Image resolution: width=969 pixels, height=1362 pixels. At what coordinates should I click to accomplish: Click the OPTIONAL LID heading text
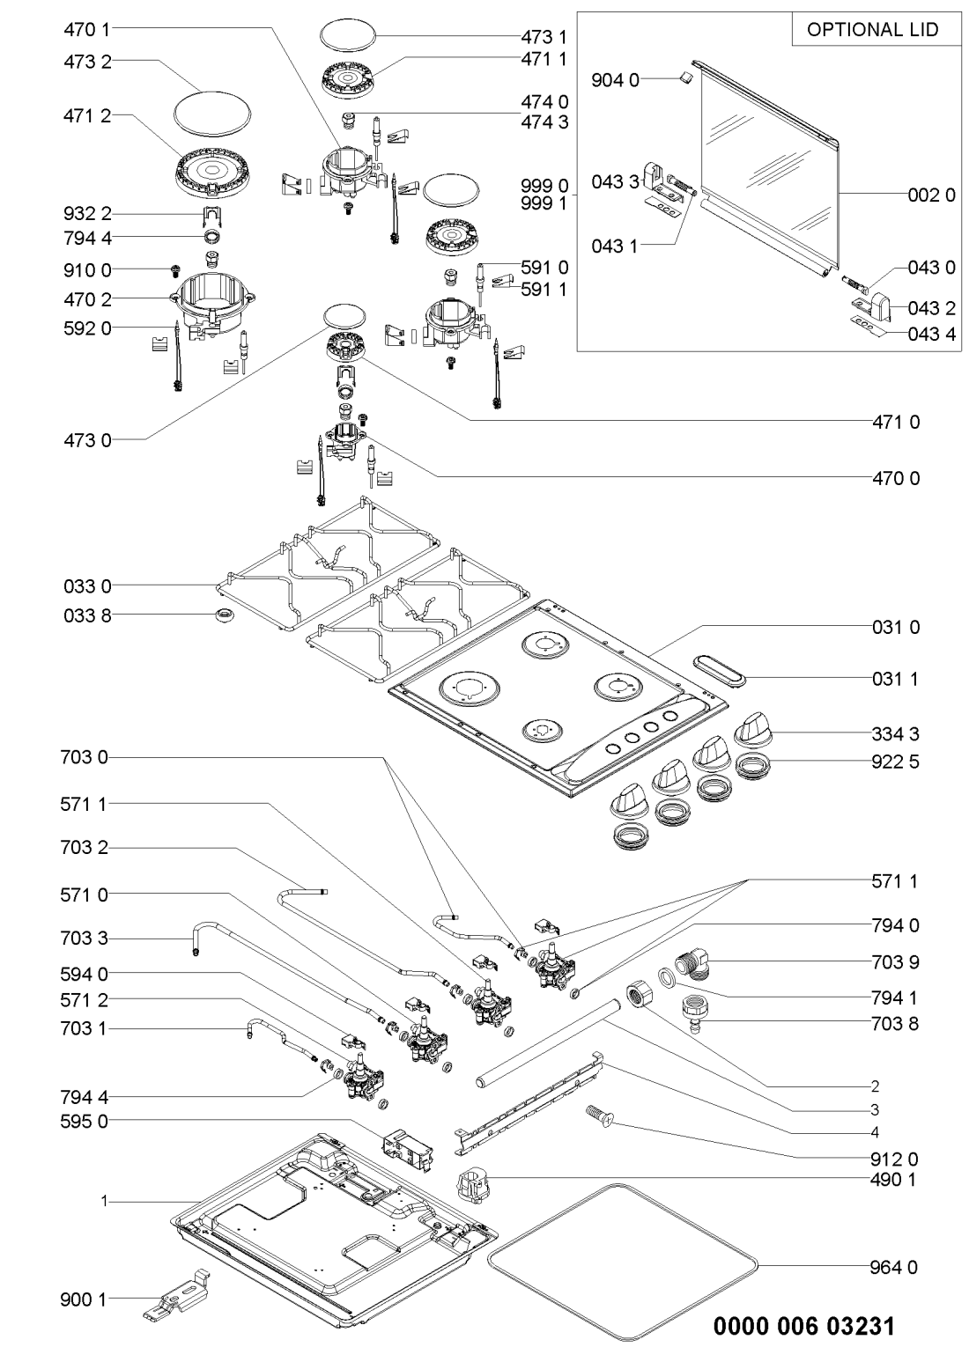[872, 29]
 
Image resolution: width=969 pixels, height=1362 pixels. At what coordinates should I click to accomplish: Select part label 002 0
[931, 195]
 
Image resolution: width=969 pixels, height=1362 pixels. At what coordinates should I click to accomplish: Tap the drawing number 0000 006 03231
[803, 1326]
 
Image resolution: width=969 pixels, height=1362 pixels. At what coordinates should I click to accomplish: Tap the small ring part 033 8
[224, 615]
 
